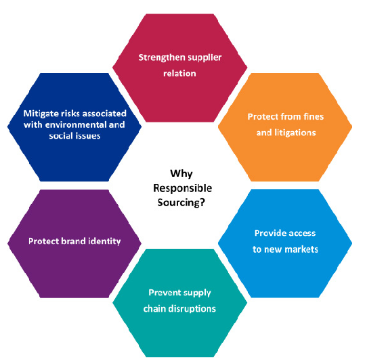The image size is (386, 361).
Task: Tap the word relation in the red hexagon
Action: pyautogui.click(x=179, y=73)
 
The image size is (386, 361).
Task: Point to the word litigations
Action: pyautogui.click(x=295, y=133)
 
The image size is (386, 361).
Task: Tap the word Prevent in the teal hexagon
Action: pyautogui.click(x=163, y=293)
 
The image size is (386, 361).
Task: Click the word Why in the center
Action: pyautogui.click(x=181, y=174)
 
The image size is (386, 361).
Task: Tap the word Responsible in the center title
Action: pyautogui.click(x=182, y=188)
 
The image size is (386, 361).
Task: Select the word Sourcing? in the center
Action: pyautogui.click(x=181, y=203)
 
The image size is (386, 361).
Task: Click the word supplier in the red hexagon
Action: pyautogui.click(x=204, y=57)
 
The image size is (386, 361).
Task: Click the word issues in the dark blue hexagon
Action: pyautogui.click(x=88, y=136)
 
